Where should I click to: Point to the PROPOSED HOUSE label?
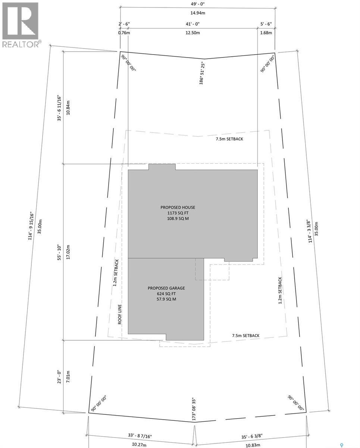click(x=178, y=207)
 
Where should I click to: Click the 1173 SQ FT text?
click(x=178, y=213)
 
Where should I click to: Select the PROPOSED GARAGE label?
click(x=166, y=288)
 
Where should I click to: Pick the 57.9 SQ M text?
click(x=166, y=299)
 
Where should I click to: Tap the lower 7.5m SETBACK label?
click(x=245, y=336)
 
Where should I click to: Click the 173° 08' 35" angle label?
click(x=194, y=409)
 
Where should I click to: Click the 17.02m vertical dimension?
click(x=68, y=252)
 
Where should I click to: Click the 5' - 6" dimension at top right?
click(x=266, y=24)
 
